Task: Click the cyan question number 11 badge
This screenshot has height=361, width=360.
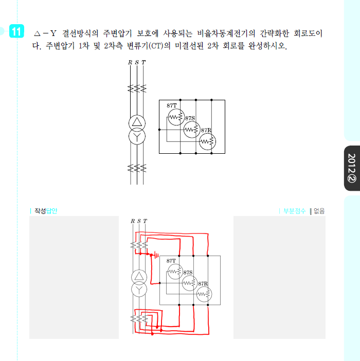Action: point(16,31)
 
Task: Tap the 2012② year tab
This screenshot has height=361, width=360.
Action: point(352,168)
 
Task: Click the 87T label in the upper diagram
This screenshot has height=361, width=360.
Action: point(172,105)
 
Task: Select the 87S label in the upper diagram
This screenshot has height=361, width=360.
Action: point(190,118)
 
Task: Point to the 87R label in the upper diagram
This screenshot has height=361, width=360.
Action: point(206,130)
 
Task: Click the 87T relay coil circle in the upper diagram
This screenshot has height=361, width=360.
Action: point(176,109)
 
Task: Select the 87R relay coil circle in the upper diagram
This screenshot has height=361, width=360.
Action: point(207,133)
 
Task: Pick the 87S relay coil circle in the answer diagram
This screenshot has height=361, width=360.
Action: point(190,275)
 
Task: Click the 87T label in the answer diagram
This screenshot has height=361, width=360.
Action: point(171,261)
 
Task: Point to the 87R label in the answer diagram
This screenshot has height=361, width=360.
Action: point(203,284)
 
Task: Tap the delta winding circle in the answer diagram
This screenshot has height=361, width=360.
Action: point(139,270)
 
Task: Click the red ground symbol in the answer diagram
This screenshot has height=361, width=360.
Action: point(156,255)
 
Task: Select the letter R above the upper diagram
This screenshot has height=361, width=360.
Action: point(130,62)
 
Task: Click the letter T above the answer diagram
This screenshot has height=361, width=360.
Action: point(145,221)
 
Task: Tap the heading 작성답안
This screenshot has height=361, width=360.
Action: point(46,211)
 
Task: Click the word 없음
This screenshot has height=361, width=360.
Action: point(319,211)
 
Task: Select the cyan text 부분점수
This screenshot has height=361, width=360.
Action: point(294,211)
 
